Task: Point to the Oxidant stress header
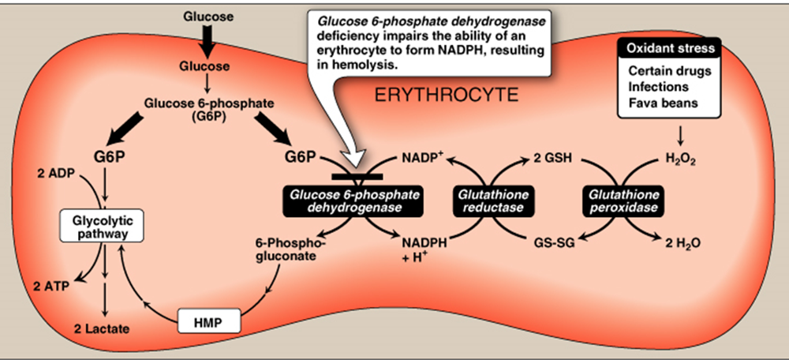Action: coord(670,48)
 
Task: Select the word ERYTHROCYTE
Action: coord(446,96)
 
